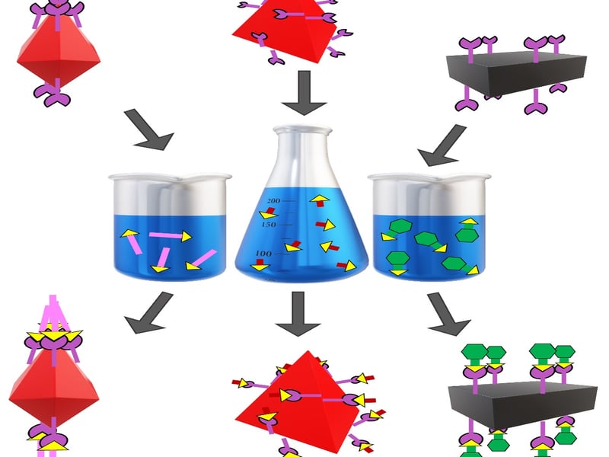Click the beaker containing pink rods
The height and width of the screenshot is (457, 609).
click(171, 228)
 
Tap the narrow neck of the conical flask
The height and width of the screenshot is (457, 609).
click(302, 152)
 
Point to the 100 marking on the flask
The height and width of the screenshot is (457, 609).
click(263, 253)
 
